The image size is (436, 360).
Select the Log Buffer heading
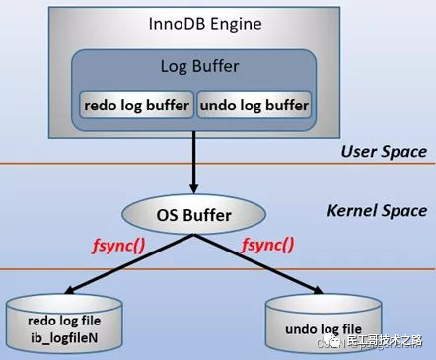point(194,67)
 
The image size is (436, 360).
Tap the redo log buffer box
point(135,105)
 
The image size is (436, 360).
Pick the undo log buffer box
point(254,105)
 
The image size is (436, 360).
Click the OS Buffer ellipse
point(193,212)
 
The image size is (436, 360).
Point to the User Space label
point(384,151)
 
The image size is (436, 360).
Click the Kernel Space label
point(377,210)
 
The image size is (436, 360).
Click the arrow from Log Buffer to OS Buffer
point(194,163)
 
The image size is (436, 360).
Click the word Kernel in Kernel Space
point(351,210)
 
